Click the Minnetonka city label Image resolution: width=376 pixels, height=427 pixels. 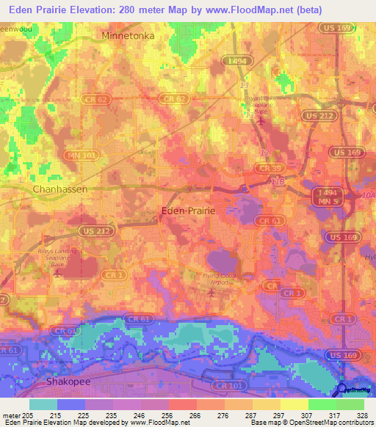click(133, 36)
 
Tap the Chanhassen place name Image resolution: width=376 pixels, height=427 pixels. click(60, 189)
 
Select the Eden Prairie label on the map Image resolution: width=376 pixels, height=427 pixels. click(188, 211)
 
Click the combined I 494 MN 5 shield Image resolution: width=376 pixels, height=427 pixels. click(324, 196)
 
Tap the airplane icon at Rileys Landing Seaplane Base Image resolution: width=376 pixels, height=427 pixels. click(58, 274)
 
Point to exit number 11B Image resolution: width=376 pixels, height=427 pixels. click(276, 181)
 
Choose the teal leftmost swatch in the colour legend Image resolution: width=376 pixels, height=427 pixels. click(43, 404)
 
